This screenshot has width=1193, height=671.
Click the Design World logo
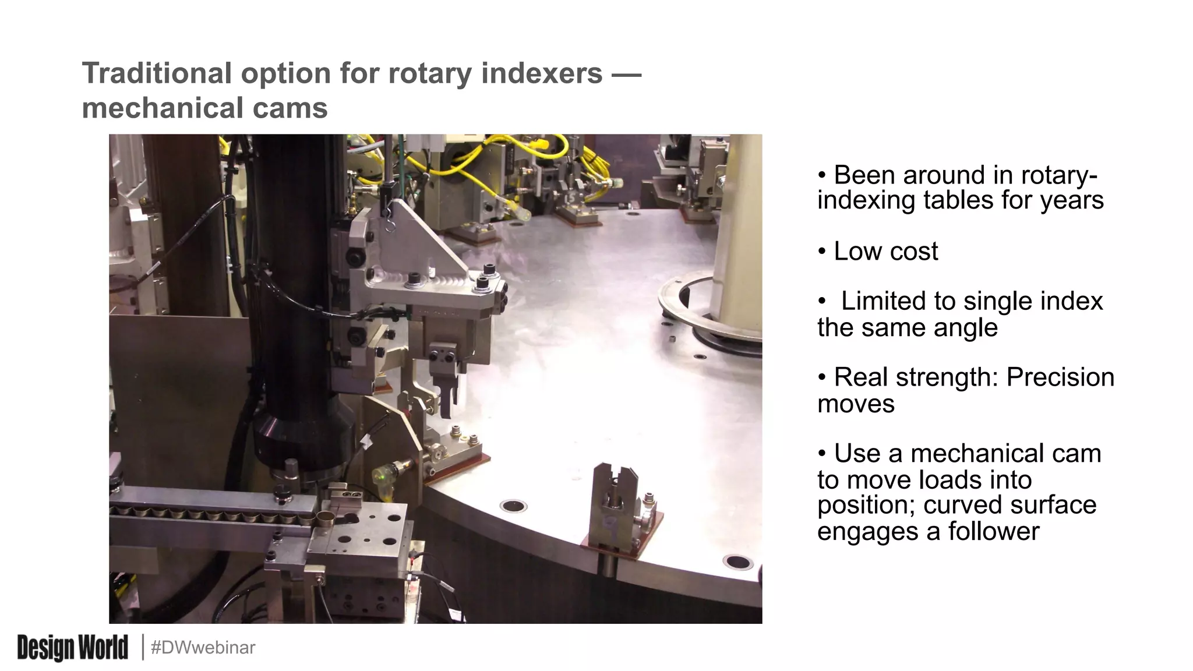click(x=72, y=648)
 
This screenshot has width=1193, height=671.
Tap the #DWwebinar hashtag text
click(x=203, y=648)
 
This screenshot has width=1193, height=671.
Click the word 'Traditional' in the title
click(x=157, y=73)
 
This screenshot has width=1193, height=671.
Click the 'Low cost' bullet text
click(x=885, y=252)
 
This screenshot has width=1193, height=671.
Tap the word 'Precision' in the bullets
click(x=1060, y=377)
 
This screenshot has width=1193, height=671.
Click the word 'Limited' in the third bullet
click(x=883, y=302)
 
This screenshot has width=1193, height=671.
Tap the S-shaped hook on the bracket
click(x=389, y=223)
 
